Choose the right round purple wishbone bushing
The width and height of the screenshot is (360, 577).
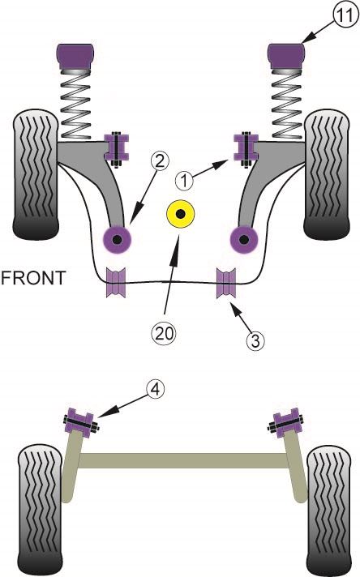click(x=242, y=238)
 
